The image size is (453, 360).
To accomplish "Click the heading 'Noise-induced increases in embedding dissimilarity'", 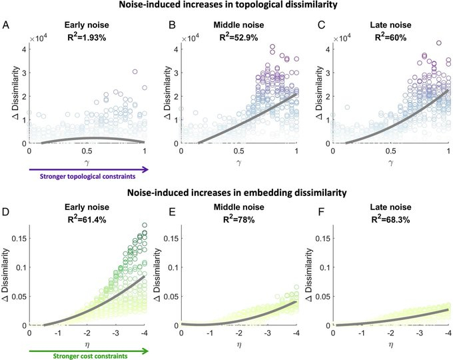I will (226, 193).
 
